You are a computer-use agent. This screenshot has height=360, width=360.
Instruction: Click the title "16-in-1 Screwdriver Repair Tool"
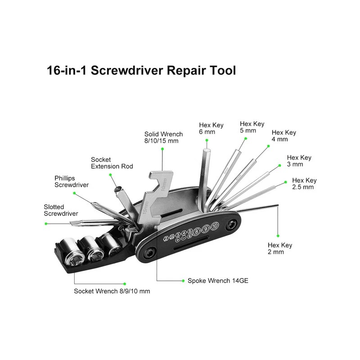141,71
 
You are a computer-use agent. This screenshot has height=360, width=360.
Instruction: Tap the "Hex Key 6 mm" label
211,128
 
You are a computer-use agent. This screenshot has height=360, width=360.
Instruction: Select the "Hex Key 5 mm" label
252,127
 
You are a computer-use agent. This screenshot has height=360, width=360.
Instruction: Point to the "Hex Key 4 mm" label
283,136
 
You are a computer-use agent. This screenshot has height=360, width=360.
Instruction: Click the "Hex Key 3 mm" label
299,161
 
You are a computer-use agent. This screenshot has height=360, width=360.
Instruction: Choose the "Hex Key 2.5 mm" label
304,184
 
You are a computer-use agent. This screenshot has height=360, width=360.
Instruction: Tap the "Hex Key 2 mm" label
280,248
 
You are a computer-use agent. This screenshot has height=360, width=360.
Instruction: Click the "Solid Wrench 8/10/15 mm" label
163,137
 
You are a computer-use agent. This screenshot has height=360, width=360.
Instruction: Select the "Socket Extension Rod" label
112,163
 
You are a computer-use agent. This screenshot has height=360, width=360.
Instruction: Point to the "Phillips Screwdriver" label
72,181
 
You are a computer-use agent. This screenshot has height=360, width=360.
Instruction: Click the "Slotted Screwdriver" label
61,210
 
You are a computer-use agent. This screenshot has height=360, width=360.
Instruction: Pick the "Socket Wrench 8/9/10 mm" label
112,291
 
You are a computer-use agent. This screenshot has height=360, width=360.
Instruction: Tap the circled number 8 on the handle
196,231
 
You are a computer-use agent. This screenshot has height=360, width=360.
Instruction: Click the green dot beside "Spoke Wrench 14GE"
183,281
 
